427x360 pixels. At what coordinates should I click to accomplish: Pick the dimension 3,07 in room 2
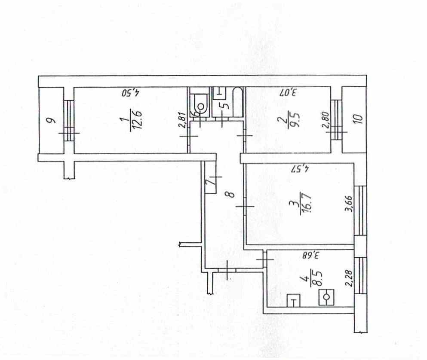click(x=288, y=92)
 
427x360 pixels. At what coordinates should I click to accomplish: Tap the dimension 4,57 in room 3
click(x=300, y=169)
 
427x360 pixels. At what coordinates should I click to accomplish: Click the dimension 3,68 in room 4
click(x=310, y=256)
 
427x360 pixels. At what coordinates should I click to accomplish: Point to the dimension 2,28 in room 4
click(x=350, y=278)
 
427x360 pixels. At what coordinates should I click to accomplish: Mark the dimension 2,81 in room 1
click(x=183, y=120)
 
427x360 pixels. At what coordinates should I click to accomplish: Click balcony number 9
click(x=50, y=120)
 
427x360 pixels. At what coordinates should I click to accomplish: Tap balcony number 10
click(x=359, y=119)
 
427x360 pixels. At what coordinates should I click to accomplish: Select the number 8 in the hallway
click(x=230, y=194)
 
